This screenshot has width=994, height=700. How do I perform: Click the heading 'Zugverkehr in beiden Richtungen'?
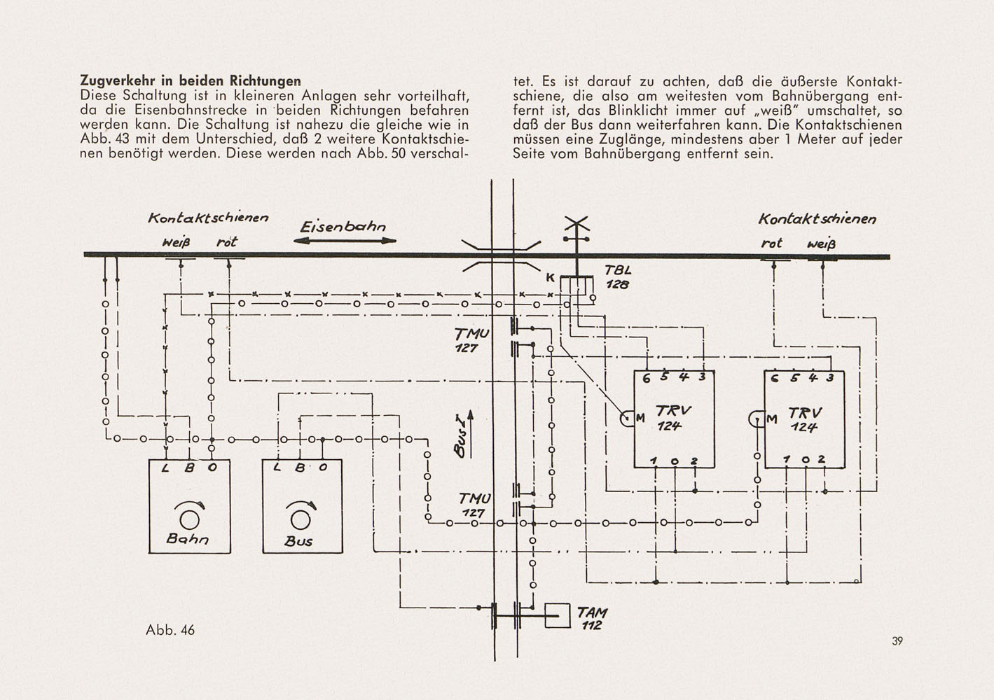191,80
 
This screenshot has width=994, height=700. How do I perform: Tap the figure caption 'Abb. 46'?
170,630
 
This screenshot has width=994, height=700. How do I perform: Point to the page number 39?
897,641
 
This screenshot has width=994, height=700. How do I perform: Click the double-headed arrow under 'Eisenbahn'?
345,241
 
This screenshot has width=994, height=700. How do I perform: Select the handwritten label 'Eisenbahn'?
343,227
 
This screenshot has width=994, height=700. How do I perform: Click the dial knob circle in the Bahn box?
189,519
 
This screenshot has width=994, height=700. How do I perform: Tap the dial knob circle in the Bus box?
301,519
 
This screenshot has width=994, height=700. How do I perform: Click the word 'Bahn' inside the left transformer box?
187,539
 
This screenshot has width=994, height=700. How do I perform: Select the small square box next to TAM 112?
558,616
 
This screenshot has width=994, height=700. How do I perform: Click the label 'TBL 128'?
618,277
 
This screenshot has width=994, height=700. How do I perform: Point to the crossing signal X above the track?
577,223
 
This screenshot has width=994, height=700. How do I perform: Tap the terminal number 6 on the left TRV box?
646,379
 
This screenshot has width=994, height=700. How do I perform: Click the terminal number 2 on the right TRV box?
822,458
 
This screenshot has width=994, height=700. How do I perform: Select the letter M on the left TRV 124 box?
640,417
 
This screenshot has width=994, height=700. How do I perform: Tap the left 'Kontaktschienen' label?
208,218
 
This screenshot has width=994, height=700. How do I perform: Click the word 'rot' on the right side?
771,244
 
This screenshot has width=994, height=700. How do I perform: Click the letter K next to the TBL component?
551,278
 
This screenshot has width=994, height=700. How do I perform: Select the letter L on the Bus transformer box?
278,467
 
